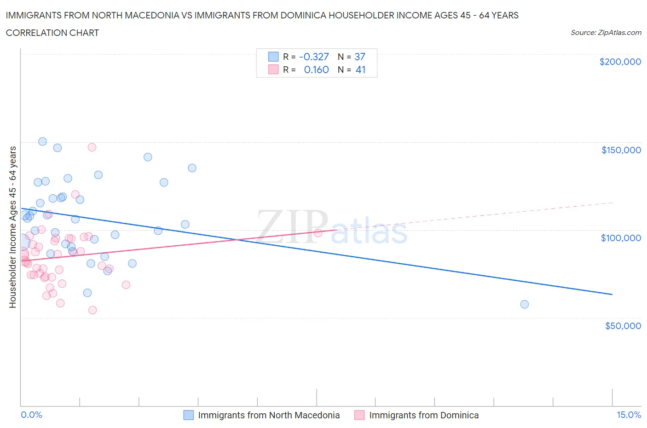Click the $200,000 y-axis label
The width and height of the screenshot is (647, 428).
(620, 62)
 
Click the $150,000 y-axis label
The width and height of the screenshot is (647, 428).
(621, 150)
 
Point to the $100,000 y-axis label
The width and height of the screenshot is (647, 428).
(621, 237)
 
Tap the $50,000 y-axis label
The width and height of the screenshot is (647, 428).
(623, 325)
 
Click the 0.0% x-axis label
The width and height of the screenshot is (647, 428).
(31, 415)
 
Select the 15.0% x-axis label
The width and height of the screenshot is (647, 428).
(629, 415)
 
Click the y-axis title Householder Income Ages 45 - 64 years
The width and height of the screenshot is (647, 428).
(13, 227)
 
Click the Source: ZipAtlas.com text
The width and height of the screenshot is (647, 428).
(606, 33)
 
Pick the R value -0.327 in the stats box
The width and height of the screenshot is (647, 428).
(314, 57)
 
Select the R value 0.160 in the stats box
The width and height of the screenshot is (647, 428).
(316, 69)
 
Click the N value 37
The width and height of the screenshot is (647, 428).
(359, 57)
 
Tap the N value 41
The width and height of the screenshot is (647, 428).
(360, 69)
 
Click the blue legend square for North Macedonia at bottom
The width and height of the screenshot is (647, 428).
(189, 415)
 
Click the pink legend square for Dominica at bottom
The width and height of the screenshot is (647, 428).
(359, 415)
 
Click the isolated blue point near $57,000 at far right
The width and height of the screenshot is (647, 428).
(524, 304)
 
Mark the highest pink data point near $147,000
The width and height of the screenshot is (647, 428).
(92, 147)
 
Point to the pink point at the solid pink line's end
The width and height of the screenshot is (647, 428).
(318, 233)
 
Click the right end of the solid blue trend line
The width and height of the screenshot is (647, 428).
(612, 294)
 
